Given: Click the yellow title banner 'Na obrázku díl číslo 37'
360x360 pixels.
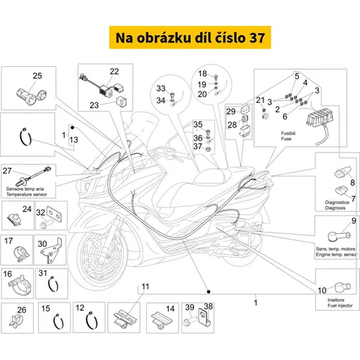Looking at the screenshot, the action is click(190, 37).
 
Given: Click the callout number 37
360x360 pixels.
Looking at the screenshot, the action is click(198, 146).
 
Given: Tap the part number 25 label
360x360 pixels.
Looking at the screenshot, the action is click(37, 76).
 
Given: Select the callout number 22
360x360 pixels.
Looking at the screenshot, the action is click(114, 71).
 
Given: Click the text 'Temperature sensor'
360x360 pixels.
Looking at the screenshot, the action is click(27, 194).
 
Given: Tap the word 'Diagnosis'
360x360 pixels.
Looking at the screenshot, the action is click(335, 208).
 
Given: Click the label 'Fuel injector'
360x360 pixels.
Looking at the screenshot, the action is click(340, 305).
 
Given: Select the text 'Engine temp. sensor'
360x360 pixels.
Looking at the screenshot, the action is click(336, 254).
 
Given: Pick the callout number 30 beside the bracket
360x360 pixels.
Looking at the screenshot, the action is click(42, 244).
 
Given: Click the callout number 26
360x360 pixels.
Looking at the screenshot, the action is click(22, 310).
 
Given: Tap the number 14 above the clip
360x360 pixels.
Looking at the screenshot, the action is click(170, 308).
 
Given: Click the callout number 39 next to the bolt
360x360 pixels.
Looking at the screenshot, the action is click(189, 307).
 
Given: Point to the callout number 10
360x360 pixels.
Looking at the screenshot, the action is click(322, 290).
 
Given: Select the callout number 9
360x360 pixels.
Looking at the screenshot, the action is click(354, 221).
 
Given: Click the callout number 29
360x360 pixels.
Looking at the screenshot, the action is click(231, 112).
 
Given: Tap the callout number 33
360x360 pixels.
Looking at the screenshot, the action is click(161, 89).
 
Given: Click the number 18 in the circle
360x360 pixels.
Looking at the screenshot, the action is click(202, 73).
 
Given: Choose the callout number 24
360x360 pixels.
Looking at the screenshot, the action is click(27, 209).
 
